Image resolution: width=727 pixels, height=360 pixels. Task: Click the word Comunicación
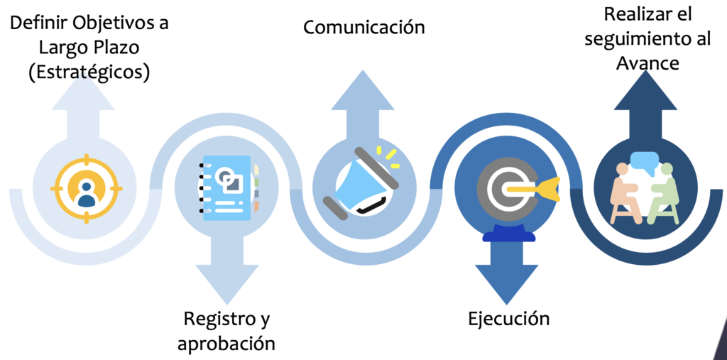click(364, 28)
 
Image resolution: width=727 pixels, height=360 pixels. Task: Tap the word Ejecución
click(508, 319)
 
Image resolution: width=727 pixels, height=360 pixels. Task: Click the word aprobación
click(226, 344)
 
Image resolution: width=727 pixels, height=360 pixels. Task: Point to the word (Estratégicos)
click(89, 73)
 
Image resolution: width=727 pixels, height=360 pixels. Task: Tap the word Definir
click(37, 23)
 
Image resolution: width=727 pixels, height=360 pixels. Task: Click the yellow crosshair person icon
click(86, 188)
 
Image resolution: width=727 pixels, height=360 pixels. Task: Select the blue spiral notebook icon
click(228, 188)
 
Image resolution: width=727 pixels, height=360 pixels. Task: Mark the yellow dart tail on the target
click(550, 189)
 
